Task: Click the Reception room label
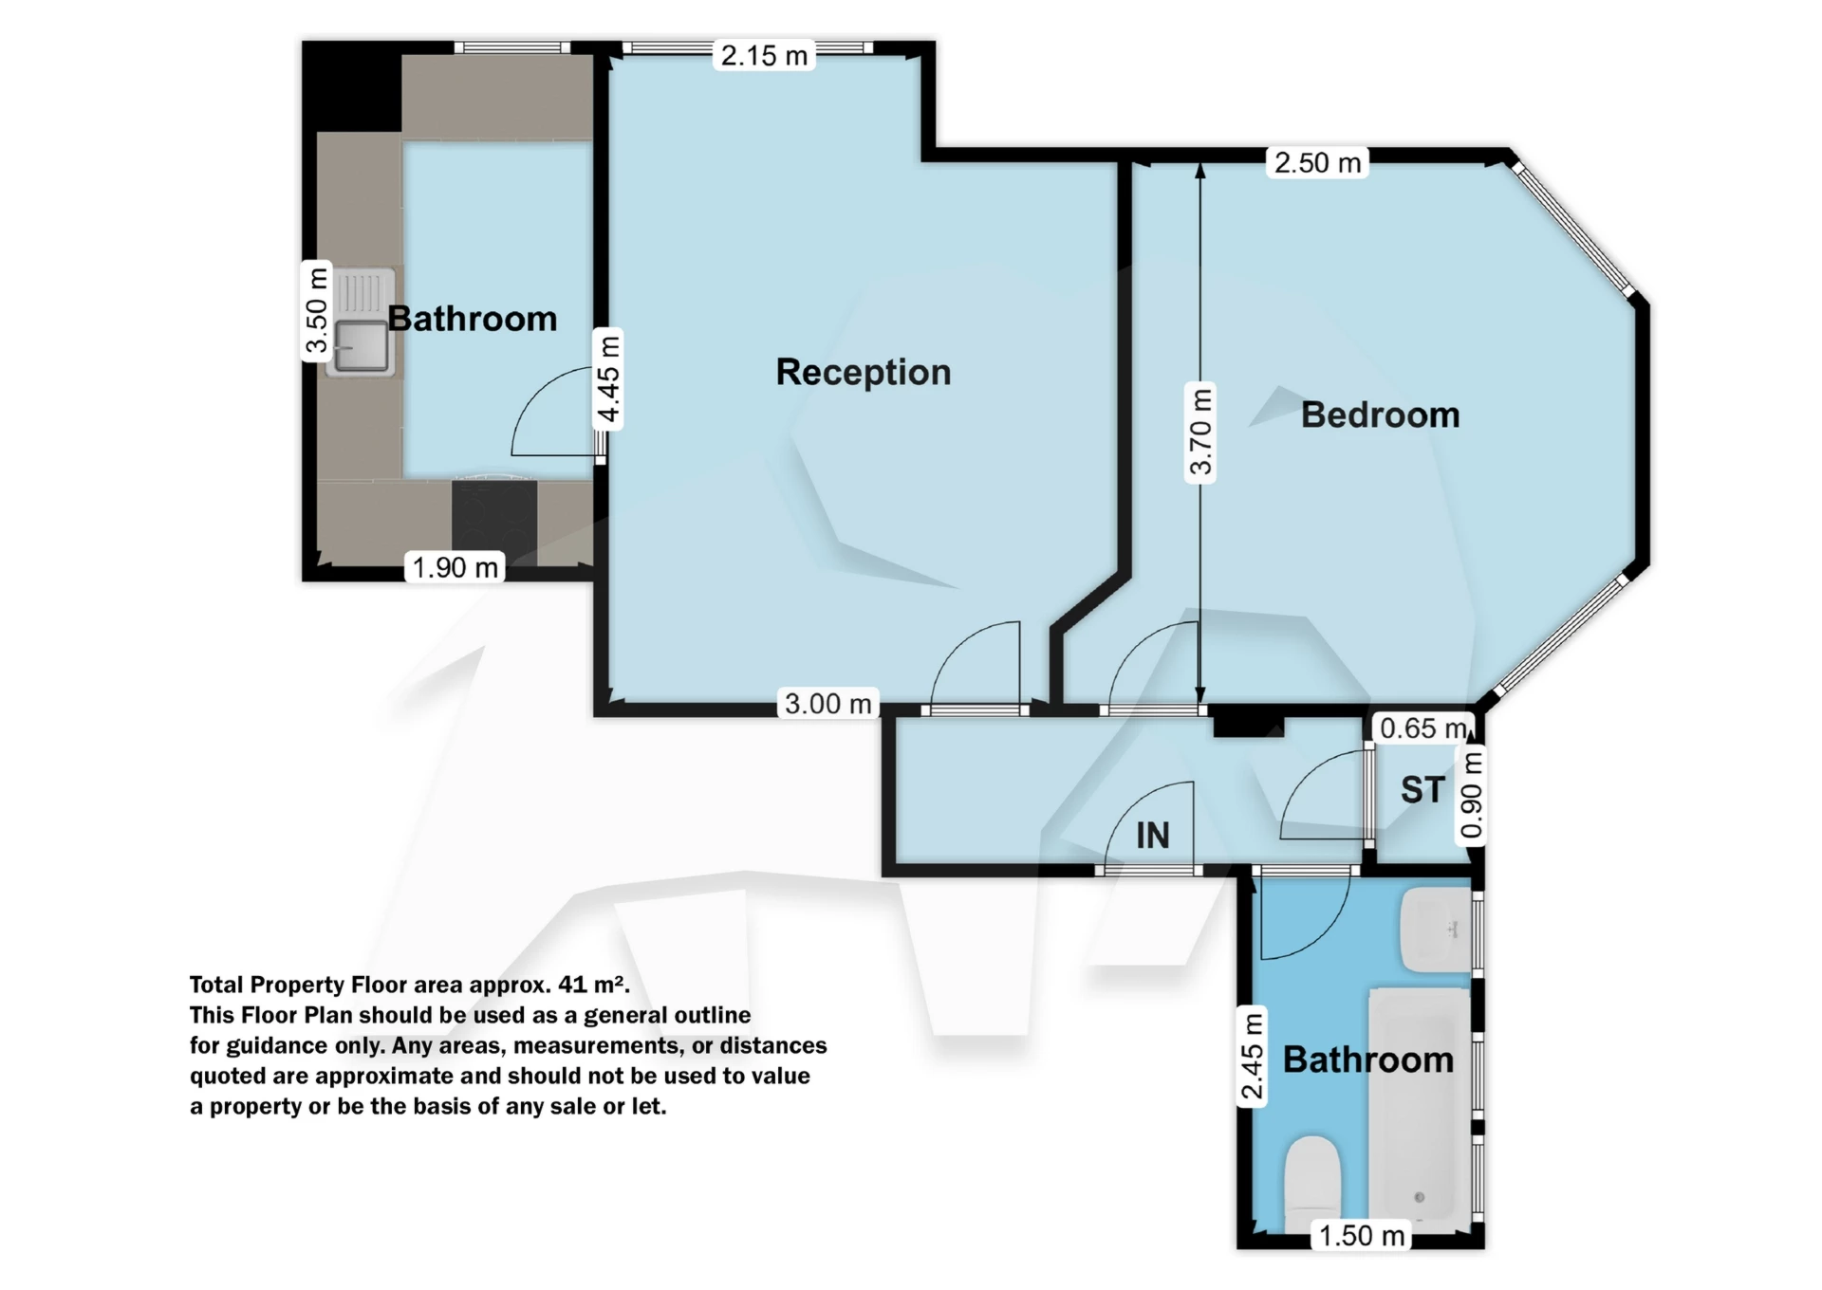864,372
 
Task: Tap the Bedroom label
1380,415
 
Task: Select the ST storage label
1422,789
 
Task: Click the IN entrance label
1153,835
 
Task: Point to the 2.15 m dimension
764,55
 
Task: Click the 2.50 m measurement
1317,162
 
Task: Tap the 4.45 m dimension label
607,378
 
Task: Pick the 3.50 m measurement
316,310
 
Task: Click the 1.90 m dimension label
455,567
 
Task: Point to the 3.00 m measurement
827,703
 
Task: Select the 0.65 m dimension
1423,728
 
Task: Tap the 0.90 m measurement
1471,795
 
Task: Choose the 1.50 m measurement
1362,1235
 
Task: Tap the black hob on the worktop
493,523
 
